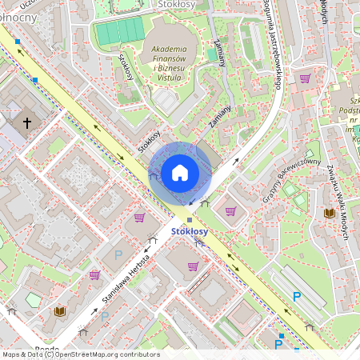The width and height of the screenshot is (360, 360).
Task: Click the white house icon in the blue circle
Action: (x=180, y=172)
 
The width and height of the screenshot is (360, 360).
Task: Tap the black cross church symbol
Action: (x=27, y=123)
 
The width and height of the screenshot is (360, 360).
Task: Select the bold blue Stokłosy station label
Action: (x=189, y=232)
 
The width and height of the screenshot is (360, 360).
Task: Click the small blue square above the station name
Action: (x=190, y=220)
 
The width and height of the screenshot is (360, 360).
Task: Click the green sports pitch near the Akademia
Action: (x=118, y=32)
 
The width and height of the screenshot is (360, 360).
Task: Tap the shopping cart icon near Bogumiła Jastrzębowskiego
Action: (x=305, y=78)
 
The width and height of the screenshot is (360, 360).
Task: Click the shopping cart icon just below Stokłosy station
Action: (x=193, y=266)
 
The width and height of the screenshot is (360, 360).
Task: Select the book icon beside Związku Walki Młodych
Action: (x=329, y=213)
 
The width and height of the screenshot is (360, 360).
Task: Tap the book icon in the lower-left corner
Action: (x=59, y=310)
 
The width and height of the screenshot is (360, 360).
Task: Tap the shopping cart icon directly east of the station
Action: (x=230, y=211)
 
